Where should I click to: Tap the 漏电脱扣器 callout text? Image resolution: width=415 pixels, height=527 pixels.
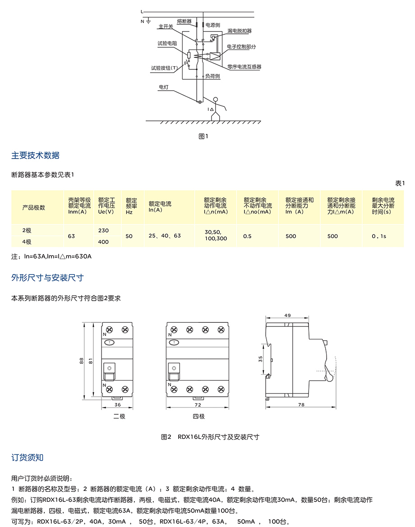pyautogui.click(x=239, y=31)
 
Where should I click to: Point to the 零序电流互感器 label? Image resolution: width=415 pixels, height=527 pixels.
pyautogui.click(x=244, y=67)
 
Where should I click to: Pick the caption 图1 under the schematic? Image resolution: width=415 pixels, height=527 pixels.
pyautogui.click(x=203, y=136)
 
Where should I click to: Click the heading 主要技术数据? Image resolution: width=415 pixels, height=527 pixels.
pyautogui.click(x=35, y=156)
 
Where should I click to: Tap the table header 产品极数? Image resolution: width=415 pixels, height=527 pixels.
pyautogui.click(x=34, y=207)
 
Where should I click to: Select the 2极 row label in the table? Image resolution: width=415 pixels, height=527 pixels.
pyautogui.click(x=27, y=230)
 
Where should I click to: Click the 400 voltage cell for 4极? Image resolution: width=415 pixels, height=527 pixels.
pyautogui.click(x=103, y=242)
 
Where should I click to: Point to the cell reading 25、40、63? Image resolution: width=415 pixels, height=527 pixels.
pyautogui.click(x=165, y=236)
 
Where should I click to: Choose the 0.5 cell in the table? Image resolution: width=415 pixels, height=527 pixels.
pyautogui.click(x=247, y=236)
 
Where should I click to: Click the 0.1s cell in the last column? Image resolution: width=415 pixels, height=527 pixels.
pyautogui.click(x=379, y=236)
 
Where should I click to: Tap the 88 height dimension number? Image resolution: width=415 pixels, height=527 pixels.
pyautogui.click(x=82, y=361)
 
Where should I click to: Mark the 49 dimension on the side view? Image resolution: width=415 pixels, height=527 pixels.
pyautogui.click(x=287, y=316)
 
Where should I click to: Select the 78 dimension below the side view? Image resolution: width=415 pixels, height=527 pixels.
pyautogui.click(x=301, y=405)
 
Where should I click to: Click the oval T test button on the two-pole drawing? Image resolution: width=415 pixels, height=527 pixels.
pyautogui.click(x=110, y=343)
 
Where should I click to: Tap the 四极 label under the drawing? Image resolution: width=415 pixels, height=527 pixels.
pyautogui.click(x=199, y=417)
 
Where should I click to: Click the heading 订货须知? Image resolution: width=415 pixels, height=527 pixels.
pyautogui.click(x=27, y=458)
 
